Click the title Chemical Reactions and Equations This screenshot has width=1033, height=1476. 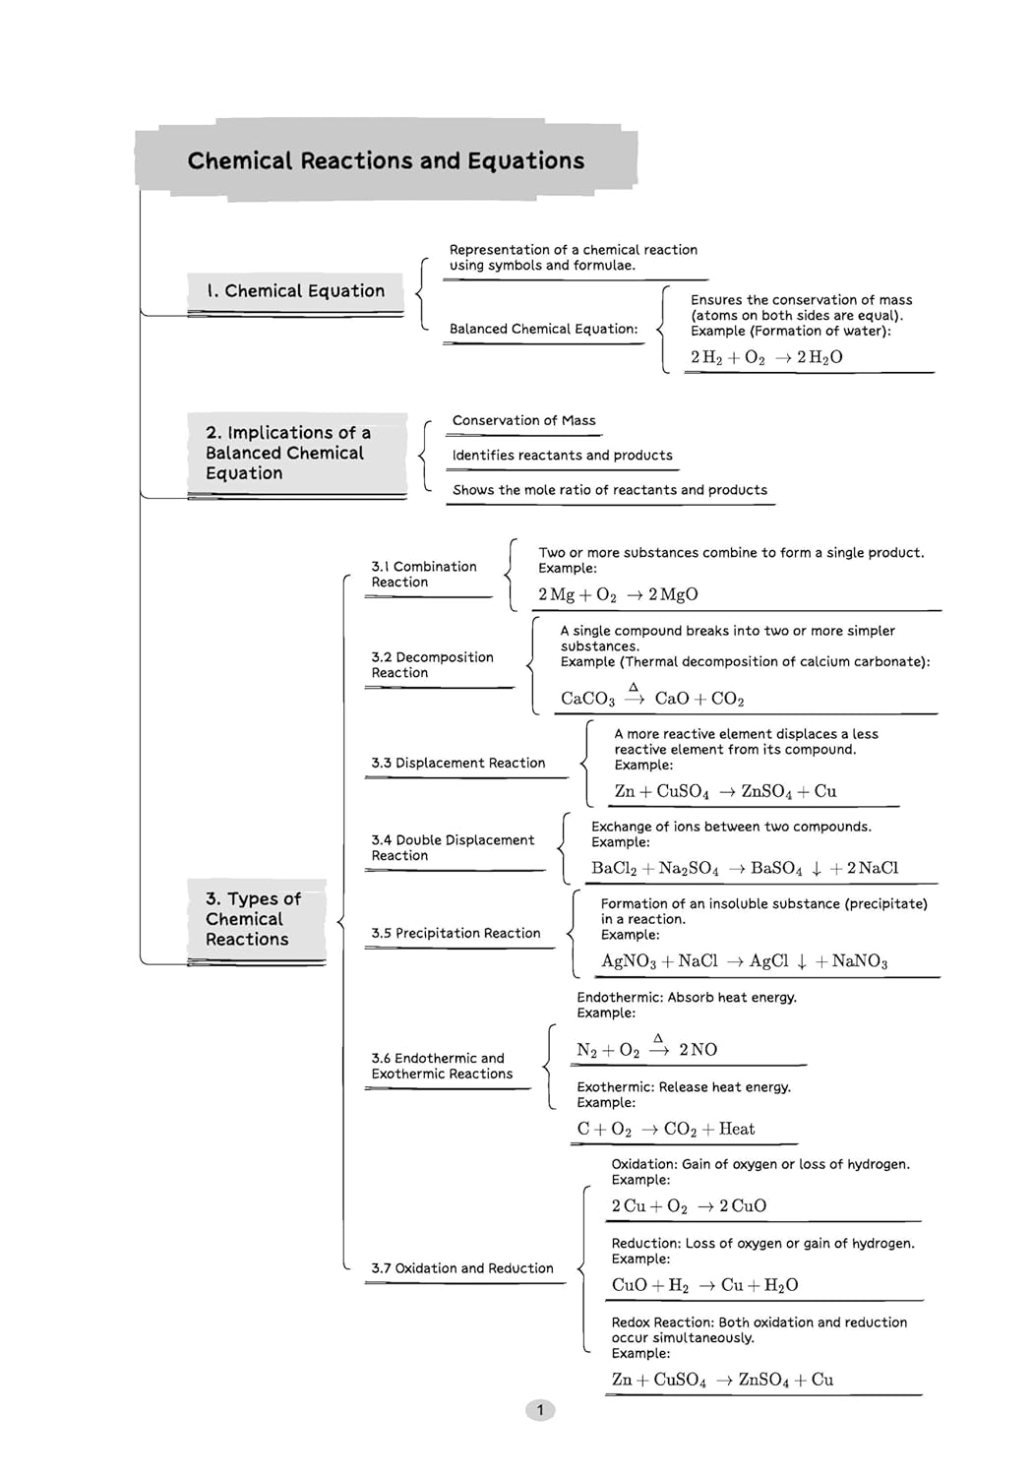tap(386, 160)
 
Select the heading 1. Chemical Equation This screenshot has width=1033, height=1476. tap(295, 291)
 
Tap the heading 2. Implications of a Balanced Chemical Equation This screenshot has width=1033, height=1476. tap(287, 453)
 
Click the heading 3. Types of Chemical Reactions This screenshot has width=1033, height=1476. tap(252, 919)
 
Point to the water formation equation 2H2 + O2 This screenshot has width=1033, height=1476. tap(766, 357)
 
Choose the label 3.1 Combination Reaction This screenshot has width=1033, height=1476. tap(423, 575)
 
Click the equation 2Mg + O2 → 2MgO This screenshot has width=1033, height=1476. tap(618, 594)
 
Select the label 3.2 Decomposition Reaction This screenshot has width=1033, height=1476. tap(432, 665)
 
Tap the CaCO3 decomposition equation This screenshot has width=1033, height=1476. tap(652, 698)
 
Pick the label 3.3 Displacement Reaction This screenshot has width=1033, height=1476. tap(457, 763)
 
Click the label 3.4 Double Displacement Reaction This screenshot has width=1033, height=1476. tap(452, 848)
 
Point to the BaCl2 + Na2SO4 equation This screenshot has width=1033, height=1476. tap(745, 868)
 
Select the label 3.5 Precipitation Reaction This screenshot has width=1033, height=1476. tap(456, 933)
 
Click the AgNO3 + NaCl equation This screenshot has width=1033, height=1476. tap(744, 961)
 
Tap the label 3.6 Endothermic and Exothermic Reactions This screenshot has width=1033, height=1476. tap(442, 1066)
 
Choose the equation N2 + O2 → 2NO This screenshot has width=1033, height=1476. tap(646, 1049)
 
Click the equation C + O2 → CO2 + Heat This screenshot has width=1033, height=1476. tap(666, 1129)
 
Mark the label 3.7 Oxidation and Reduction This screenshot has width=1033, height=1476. tap(461, 1268)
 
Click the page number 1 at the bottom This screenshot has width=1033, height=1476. tap(539, 1410)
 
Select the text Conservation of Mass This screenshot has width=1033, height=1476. tap(523, 420)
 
